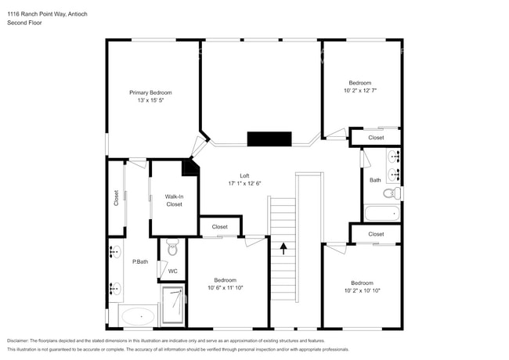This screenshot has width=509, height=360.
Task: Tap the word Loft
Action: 244,175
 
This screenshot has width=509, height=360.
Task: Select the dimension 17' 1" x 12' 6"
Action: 244,183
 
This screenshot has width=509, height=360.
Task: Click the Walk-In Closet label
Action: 174,200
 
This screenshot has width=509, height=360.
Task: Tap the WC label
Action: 172,272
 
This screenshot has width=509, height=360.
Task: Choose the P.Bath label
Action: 140,261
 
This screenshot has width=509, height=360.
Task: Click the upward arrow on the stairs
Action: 283,248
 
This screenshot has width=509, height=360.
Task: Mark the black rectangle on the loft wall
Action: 269,139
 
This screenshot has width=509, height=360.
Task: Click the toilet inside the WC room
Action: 173,247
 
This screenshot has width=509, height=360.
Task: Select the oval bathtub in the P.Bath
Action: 138,317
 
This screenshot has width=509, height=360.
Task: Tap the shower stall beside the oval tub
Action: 174,305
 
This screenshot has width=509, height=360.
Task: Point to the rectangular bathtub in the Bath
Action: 382,213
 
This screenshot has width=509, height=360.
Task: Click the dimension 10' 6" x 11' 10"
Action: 226,288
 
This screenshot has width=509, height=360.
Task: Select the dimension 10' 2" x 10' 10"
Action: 362,290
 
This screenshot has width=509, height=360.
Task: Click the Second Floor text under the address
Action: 24,23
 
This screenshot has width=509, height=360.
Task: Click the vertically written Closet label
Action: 116,199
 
